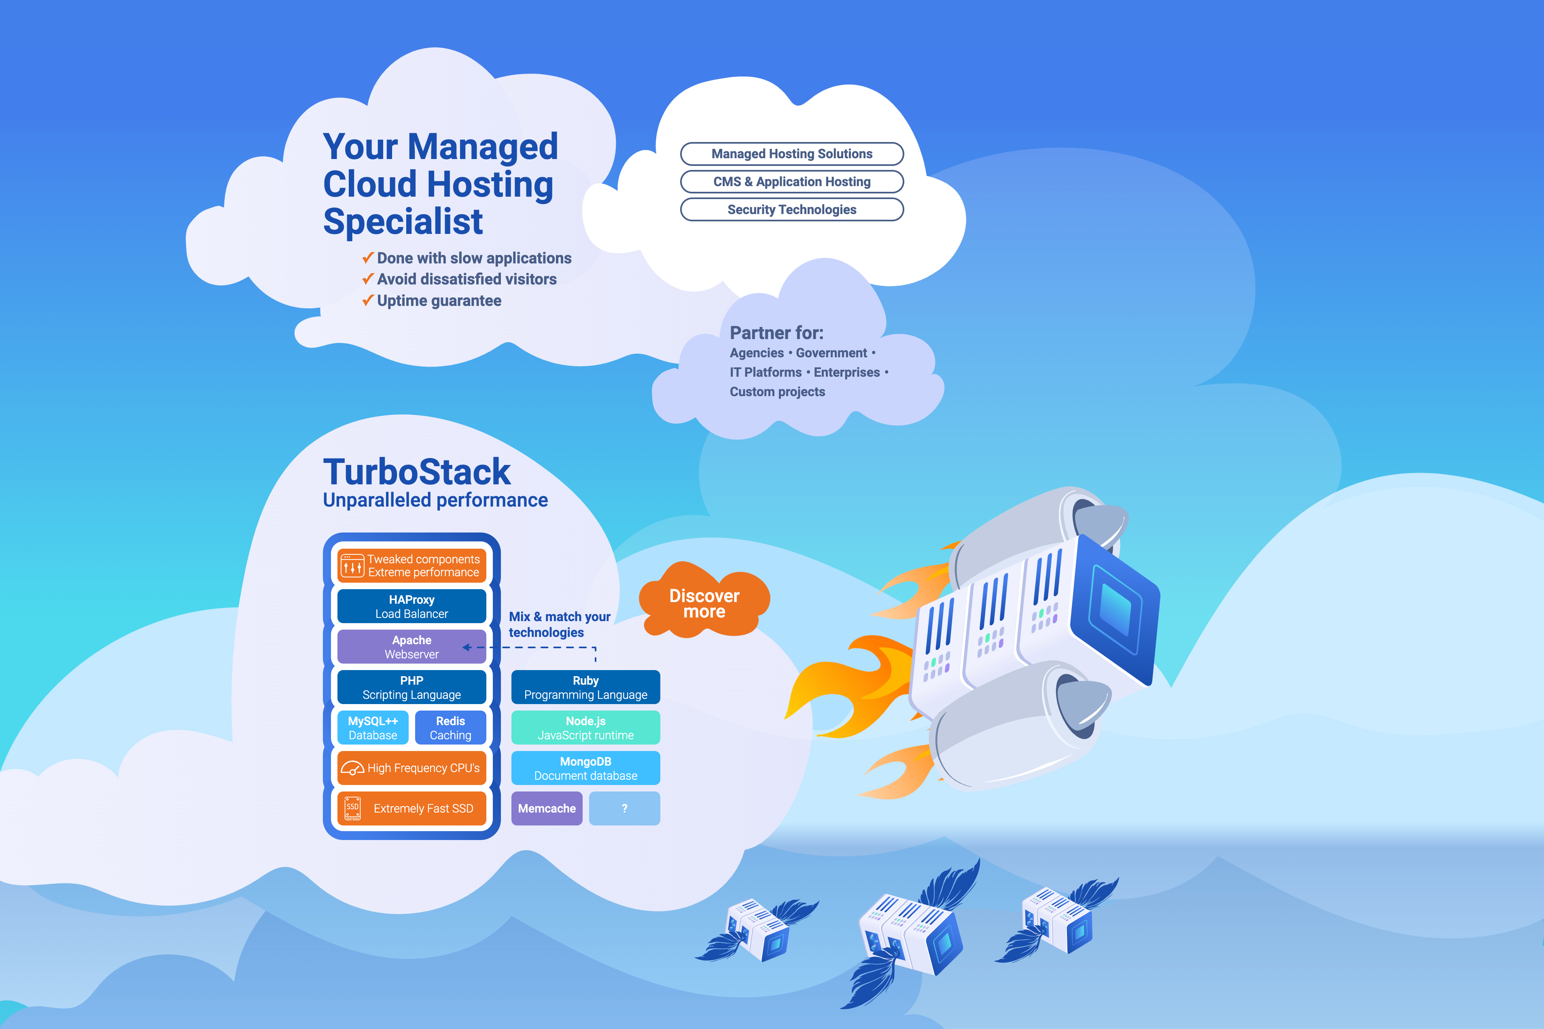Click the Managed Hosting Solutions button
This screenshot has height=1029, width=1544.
click(791, 154)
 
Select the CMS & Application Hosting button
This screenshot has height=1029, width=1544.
click(791, 182)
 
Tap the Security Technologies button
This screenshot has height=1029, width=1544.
click(791, 209)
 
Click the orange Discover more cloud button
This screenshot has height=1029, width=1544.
click(704, 603)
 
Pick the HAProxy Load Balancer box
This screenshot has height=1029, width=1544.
click(411, 607)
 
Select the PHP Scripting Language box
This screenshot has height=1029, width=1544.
click(411, 687)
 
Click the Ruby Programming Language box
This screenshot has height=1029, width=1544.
click(585, 687)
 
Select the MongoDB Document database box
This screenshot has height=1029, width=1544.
click(585, 768)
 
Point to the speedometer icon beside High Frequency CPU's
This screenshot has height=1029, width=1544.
click(352, 768)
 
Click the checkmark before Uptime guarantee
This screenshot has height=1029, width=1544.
click(368, 301)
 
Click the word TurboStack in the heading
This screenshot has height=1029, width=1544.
click(417, 472)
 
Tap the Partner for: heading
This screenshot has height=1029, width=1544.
click(776, 333)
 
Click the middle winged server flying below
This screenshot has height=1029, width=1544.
click(912, 932)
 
